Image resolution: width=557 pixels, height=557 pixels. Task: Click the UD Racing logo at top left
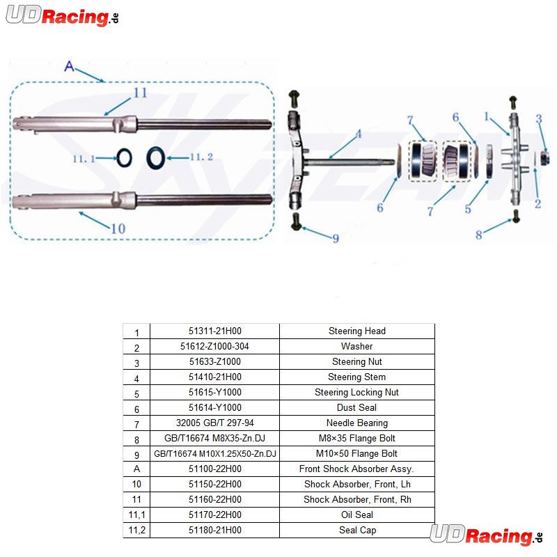pyautogui.click(x=63, y=15)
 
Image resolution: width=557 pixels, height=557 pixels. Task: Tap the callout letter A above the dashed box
pyautogui.click(x=69, y=66)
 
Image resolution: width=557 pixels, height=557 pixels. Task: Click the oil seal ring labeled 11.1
pyautogui.click(x=125, y=158)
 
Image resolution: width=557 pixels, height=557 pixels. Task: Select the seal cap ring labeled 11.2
pyautogui.click(x=155, y=157)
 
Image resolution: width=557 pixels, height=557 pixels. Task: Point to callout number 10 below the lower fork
pyautogui.click(x=118, y=228)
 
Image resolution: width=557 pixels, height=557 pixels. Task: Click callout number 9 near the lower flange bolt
pyautogui.click(x=336, y=238)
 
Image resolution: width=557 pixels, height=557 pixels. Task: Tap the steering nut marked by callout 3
pyautogui.click(x=544, y=158)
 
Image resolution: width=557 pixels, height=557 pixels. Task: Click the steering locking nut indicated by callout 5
pyautogui.click(x=489, y=161)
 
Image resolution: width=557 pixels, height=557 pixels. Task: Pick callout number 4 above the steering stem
pyautogui.click(x=359, y=134)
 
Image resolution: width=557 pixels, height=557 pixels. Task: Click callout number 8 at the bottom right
pyautogui.click(x=479, y=235)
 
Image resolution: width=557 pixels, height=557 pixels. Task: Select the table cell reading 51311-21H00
pyautogui.click(x=215, y=331)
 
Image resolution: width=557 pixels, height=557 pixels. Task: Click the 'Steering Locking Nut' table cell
pyautogui.click(x=357, y=392)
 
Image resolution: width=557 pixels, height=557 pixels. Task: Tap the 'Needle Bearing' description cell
pyautogui.click(x=357, y=423)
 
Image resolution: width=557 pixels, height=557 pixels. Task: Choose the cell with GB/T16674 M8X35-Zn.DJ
pyautogui.click(x=215, y=438)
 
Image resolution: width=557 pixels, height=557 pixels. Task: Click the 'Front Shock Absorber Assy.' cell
pyautogui.click(x=357, y=469)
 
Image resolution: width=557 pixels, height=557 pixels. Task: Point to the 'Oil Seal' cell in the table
pyautogui.click(x=357, y=515)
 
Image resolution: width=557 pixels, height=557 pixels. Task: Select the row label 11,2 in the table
pyautogui.click(x=136, y=530)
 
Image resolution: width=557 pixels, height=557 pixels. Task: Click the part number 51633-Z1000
pyautogui.click(x=215, y=361)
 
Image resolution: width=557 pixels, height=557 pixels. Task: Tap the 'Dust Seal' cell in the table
pyautogui.click(x=357, y=407)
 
